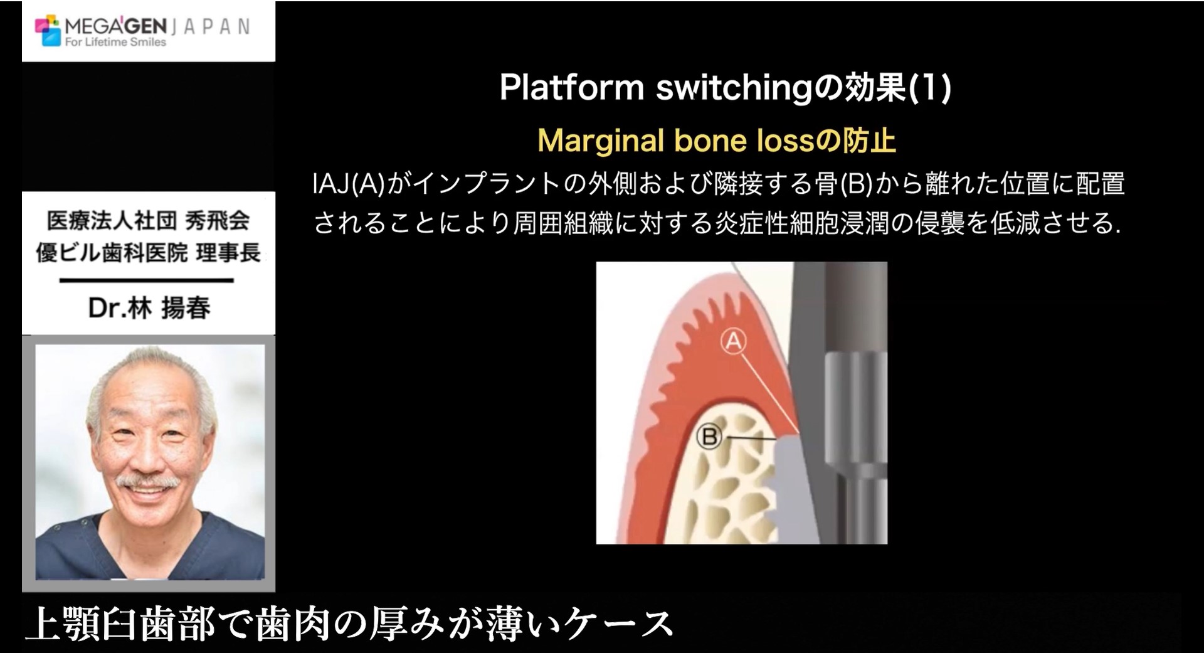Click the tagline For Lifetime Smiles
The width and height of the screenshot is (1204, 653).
point(115,42)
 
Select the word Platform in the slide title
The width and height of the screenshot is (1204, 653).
point(572,88)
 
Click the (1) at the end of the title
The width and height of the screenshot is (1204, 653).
point(930,88)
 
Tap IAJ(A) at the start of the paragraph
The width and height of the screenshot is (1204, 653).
point(349,184)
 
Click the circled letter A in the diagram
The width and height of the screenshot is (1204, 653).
point(734,342)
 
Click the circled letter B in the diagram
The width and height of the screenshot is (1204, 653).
point(710,437)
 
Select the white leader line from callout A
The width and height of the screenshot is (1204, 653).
point(769,393)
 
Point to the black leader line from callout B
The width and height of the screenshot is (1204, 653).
point(750,437)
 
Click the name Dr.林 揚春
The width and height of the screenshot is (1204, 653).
point(149,307)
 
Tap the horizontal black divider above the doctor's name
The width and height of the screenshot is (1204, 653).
point(147,280)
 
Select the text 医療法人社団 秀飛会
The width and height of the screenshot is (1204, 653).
point(148,220)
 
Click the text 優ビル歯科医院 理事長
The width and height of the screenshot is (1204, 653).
point(148,253)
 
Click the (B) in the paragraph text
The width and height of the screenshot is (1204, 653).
point(855,184)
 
